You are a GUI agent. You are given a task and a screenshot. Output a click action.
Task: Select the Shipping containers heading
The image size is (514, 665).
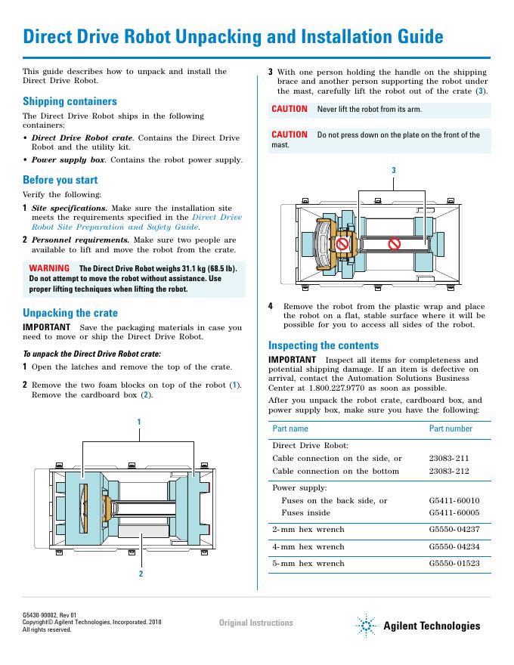point(70,101)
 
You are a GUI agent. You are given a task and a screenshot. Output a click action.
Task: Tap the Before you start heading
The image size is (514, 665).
point(60,180)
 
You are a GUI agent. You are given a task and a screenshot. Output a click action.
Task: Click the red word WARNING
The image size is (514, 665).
point(49,268)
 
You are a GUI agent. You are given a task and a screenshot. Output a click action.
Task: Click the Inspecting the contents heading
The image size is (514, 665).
point(324,345)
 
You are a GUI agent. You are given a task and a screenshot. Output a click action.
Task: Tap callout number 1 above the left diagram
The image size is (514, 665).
point(139,420)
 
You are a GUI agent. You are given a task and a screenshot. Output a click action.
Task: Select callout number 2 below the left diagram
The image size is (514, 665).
point(141,574)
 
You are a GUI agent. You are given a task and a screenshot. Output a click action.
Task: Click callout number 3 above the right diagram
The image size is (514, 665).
point(393,170)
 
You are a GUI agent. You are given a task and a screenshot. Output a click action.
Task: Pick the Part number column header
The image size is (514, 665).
point(451,428)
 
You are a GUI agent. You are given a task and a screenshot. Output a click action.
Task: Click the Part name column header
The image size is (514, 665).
point(290,428)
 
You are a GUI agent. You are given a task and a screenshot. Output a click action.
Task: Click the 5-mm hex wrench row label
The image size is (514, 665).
point(308,563)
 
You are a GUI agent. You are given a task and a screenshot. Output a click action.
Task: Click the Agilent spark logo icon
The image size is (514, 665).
point(367,625)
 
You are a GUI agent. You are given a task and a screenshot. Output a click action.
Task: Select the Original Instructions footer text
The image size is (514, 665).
point(255,623)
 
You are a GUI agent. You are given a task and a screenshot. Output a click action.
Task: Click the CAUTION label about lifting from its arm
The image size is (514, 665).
point(290,109)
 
